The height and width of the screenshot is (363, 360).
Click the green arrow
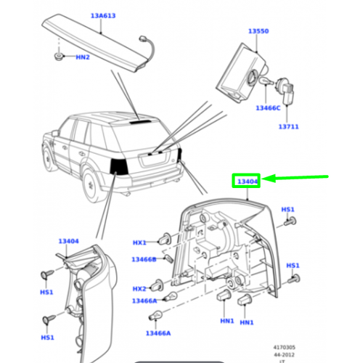[298, 177]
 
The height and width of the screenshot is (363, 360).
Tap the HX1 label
[139, 242]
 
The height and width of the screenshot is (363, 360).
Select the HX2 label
[139, 288]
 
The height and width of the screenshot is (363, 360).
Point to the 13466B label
[144, 259]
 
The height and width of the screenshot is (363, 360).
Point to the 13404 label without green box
[68, 240]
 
